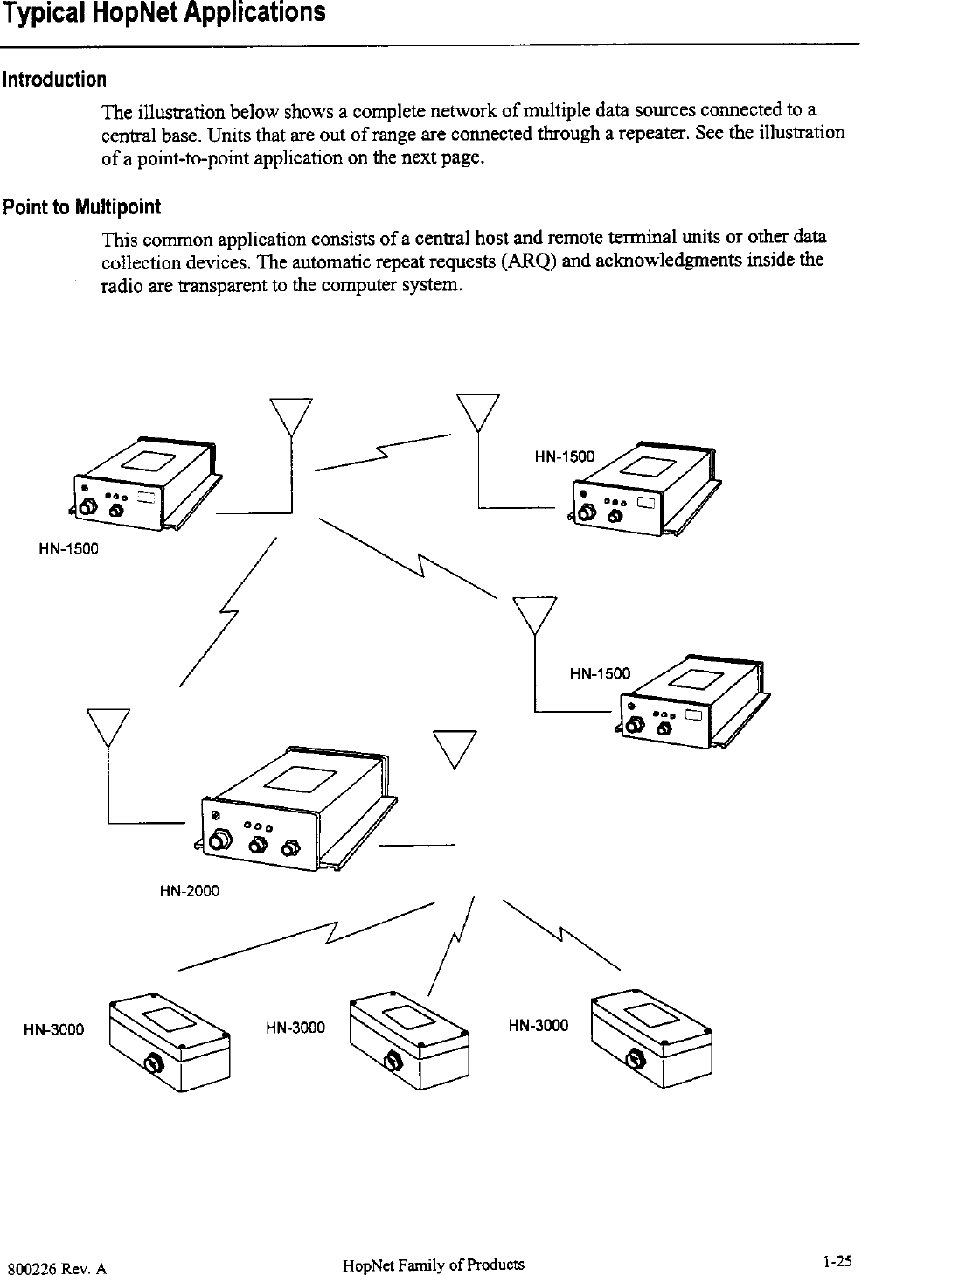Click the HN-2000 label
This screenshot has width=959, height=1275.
click(190, 891)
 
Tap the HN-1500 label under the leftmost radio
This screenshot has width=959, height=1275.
click(68, 549)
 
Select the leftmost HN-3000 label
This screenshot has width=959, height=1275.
click(53, 1029)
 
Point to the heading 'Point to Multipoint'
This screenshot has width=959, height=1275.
click(82, 207)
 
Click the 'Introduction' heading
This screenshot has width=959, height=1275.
click(54, 80)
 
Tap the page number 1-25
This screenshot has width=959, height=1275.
click(836, 1261)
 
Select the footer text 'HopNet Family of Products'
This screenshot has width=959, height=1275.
click(434, 1265)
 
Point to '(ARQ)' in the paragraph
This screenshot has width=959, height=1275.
click(533, 260)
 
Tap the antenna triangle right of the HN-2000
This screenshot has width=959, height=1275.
click(455, 748)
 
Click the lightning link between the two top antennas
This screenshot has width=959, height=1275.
click(382, 452)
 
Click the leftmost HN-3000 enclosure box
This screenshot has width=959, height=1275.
click(168, 1041)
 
